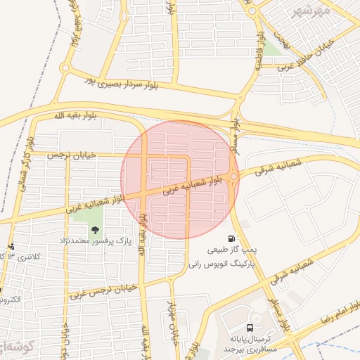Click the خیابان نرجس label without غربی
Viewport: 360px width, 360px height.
(x=70, y=154)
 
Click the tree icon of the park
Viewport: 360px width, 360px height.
(x=95, y=229)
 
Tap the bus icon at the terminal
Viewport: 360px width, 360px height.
(x=250, y=327)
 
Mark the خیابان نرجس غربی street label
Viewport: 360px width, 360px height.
(x=98, y=290)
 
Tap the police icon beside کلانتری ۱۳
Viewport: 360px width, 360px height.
(x=11, y=246)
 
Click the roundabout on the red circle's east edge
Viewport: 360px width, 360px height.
(x=233, y=177)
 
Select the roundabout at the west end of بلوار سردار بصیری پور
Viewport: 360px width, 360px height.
(x=65, y=68)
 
